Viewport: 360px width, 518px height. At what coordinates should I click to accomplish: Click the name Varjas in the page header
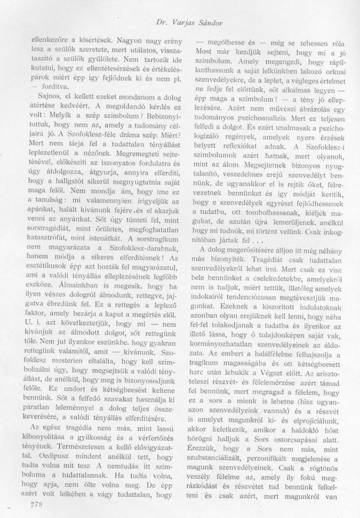click(x=191, y=22)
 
